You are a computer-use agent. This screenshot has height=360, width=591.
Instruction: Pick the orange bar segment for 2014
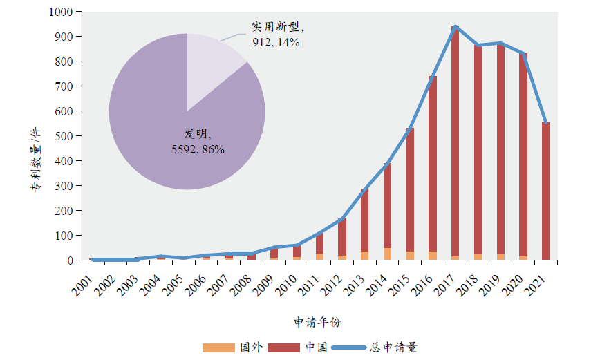(x=387, y=254)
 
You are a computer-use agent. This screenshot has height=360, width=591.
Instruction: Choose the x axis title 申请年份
(x=317, y=322)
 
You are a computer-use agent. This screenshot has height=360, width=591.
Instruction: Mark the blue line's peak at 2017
(x=456, y=27)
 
